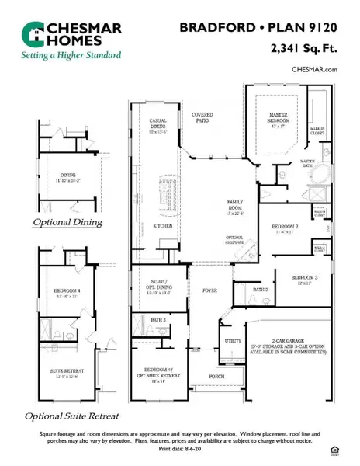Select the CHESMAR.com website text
[314, 70]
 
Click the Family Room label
[235, 204]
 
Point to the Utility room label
[232, 340]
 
